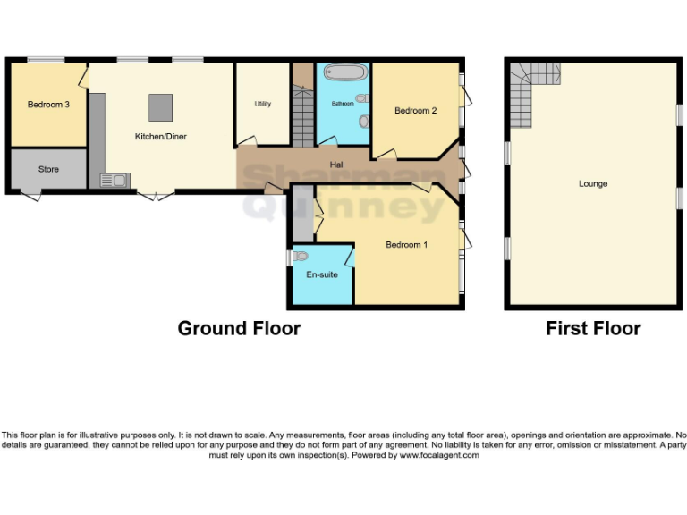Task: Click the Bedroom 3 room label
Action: [48, 105]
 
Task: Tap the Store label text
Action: [48, 168]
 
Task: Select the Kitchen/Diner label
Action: [160, 136]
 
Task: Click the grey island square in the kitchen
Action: [161, 106]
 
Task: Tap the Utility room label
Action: [262, 104]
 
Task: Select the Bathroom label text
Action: [343, 104]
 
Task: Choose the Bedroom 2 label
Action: [416, 111]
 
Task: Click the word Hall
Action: [337, 165]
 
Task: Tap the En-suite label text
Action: [322, 274]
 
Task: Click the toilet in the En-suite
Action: [301, 257]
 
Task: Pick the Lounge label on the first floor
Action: [593, 183]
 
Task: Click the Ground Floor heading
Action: [239, 328]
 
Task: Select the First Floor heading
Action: [593, 328]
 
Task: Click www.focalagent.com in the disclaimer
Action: [438, 455]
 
